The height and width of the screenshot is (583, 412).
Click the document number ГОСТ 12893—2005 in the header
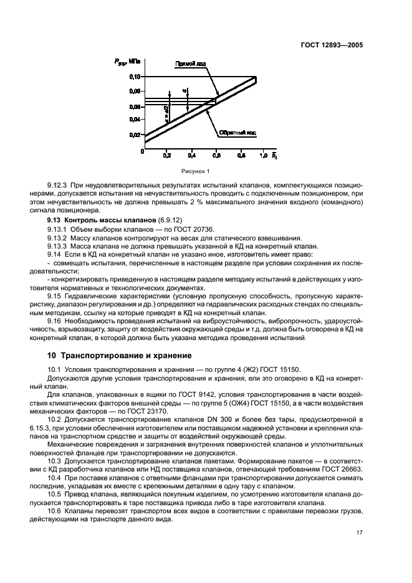point(331,45)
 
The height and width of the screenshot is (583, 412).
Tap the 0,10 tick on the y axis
point(135,77)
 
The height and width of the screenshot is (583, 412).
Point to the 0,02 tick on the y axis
point(135,135)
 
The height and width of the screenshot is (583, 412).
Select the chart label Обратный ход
point(237,133)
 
